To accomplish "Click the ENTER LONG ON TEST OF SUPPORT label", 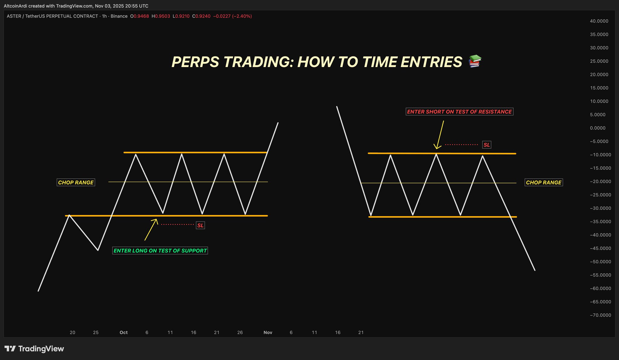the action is [160, 251].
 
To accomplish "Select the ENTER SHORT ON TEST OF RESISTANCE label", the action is [459, 112].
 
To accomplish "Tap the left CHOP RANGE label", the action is [76, 182].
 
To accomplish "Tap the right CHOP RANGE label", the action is [544, 182].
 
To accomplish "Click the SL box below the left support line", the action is [200, 225].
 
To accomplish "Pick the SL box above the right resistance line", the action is [487, 145].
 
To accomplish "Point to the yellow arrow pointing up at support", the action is [151, 230].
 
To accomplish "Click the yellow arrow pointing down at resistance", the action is [440, 135].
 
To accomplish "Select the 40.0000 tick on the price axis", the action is [599, 21].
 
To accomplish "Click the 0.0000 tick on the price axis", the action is [598, 128].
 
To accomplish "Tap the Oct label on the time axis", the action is [124, 333].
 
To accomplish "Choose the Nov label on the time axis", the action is [268, 333].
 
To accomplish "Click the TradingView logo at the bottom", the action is [34, 349].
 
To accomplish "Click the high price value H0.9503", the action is [161, 16].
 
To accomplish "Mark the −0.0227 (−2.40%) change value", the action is [232, 16].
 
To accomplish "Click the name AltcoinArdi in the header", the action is [15, 6].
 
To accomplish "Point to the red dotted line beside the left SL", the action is [177, 224].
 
